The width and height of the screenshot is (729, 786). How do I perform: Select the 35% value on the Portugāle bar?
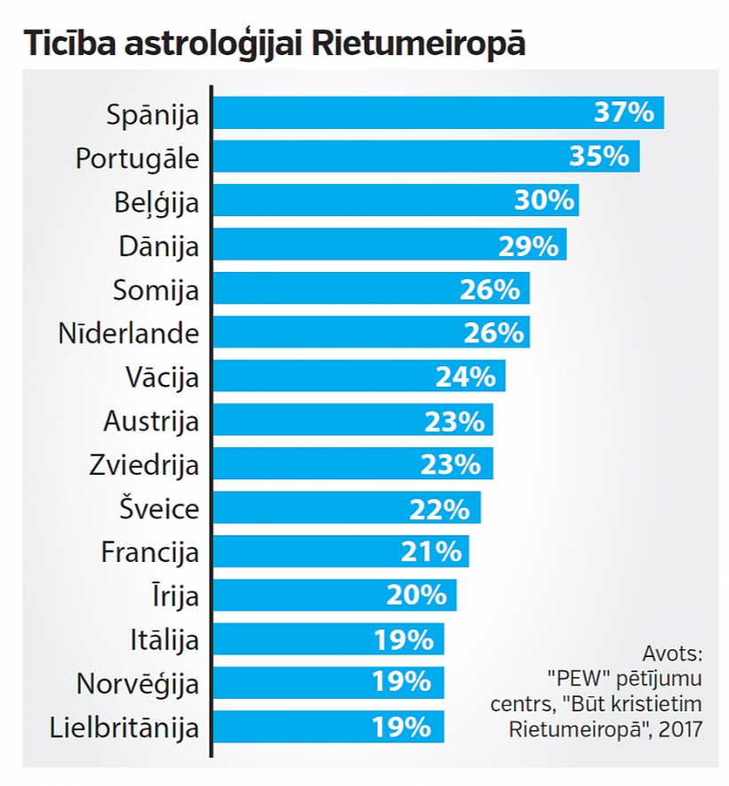click(x=599, y=156)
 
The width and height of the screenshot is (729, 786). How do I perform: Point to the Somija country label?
click(x=156, y=290)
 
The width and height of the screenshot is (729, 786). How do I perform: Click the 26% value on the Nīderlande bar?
click(x=493, y=333)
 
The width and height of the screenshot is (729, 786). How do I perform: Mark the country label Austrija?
click(x=151, y=421)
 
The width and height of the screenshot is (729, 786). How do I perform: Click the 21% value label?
click(x=432, y=551)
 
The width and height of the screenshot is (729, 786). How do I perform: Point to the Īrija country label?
click(x=175, y=595)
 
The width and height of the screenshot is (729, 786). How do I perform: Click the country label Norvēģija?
click(x=138, y=685)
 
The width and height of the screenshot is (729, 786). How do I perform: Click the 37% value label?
click(x=624, y=113)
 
